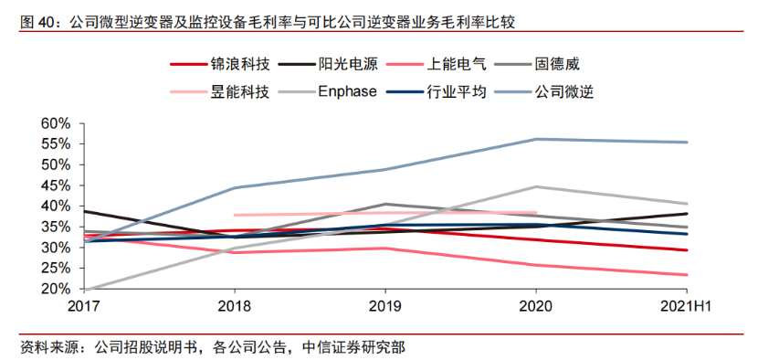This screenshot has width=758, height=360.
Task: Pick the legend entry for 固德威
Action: tap(556, 65)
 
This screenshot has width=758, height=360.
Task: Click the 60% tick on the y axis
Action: tap(56, 123)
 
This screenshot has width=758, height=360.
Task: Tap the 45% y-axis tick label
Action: tap(56, 185)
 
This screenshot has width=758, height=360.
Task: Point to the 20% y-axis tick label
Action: tap(56, 289)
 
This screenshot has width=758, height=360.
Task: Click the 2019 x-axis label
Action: tap(386, 307)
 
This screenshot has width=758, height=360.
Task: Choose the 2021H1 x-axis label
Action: tap(686, 307)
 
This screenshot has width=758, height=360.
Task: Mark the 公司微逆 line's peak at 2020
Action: tap(536, 139)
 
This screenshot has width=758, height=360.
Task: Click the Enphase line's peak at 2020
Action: tap(536, 186)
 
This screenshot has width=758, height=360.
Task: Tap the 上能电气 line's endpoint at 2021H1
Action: tap(687, 275)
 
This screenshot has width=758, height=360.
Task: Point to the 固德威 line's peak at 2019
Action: tap(385, 204)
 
